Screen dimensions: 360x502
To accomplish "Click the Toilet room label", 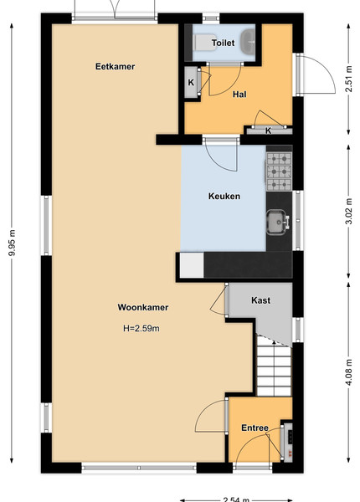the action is click(223, 43).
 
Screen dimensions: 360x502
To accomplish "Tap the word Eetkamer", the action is click(115, 66).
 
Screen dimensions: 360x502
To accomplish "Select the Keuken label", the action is click(224, 196).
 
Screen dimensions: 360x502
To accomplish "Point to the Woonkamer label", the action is click(143, 307).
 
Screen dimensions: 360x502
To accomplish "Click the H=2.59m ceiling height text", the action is click(141, 328).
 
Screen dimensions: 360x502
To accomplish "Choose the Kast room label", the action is click(260, 300).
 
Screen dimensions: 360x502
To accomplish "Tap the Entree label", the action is click(255, 428).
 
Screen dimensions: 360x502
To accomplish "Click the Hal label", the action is click(239, 94).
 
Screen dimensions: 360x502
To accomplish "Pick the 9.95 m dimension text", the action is click(13, 243).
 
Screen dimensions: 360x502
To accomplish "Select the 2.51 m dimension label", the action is click(349, 79).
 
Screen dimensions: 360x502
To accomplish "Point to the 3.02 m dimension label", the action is click(349, 212).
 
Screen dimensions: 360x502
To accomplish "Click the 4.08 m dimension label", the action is click(349, 372).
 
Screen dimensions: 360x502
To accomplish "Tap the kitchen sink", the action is click(277, 222).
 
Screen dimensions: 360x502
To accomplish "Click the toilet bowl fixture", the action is click(204, 43).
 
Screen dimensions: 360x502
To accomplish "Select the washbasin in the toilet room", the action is click(248, 42).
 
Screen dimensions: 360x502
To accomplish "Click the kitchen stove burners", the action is click(279, 172).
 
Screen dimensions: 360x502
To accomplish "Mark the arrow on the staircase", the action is click(274, 342).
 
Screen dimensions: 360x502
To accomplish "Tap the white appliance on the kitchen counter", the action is click(192, 265).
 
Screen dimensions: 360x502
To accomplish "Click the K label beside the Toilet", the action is click(191, 82).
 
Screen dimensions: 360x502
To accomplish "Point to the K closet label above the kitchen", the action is click(269, 131).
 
